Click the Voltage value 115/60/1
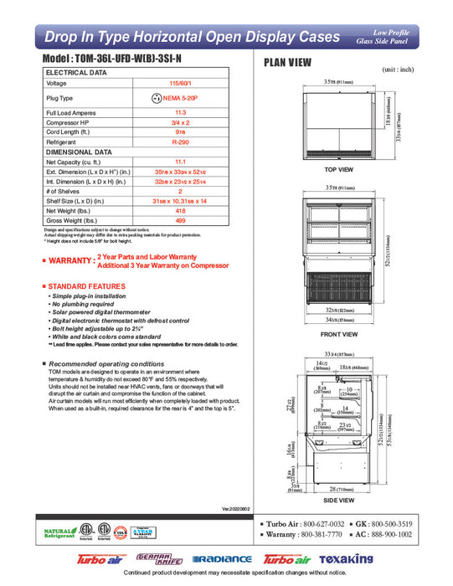(x=180, y=84)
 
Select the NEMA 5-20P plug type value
(x=185, y=98)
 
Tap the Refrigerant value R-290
(x=180, y=142)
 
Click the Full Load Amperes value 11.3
(x=180, y=111)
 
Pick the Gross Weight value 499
(x=180, y=221)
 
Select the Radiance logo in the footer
(x=221, y=559)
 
